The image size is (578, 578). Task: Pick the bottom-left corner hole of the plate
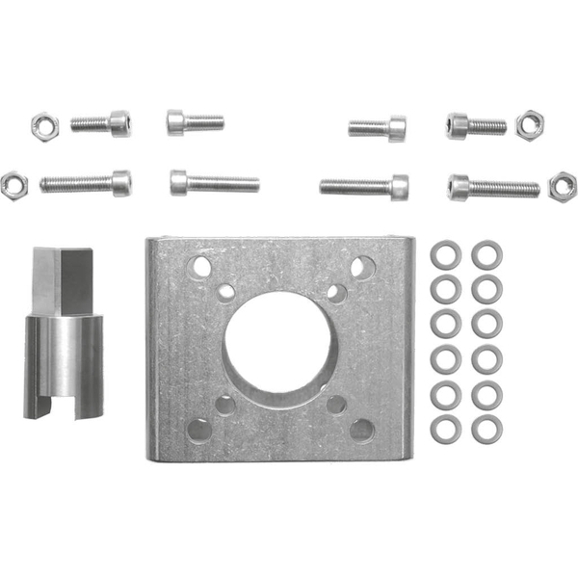coord(199,430)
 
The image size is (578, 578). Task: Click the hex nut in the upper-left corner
coord(44,123)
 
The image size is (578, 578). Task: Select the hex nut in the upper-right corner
coord(528,124)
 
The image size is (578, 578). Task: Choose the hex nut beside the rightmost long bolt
coord(562,186)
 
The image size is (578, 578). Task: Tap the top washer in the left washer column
coord(446,254)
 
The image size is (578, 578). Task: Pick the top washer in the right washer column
coord(486,254)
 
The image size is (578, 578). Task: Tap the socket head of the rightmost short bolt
coord(457,125)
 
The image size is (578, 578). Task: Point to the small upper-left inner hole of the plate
coord(225,291)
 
